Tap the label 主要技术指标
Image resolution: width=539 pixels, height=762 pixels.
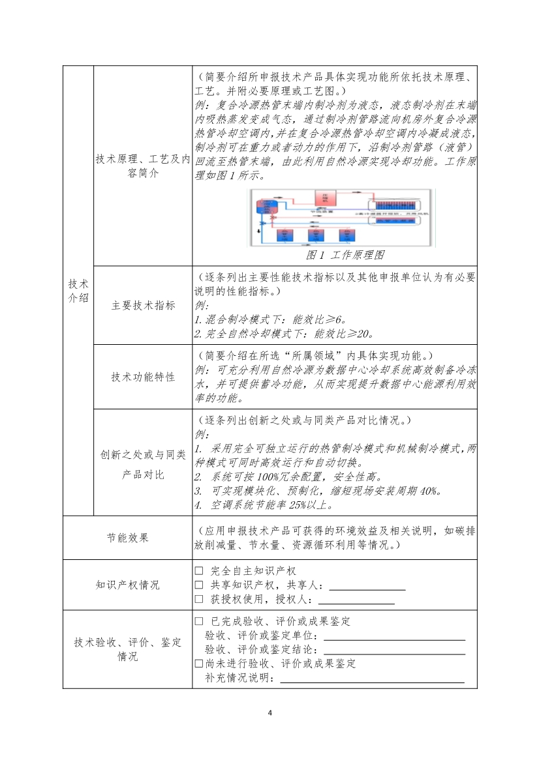click(143, 305)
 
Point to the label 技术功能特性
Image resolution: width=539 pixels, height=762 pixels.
click(143, 377)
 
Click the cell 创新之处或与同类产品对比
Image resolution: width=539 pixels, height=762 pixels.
click(143, 464)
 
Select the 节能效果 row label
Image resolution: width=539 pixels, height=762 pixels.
click(128, 538)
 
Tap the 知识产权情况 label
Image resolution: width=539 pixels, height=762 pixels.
click(128, 585)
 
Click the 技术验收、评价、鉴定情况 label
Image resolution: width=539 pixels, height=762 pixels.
click(128, 649)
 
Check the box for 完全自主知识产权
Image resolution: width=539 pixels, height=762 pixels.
click(200, 571)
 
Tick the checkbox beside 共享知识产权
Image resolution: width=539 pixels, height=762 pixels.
click(200, 585)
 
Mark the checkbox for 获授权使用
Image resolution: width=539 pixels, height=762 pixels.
click(200, 599)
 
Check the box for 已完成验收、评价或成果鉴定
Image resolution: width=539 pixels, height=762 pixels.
click(200, 621)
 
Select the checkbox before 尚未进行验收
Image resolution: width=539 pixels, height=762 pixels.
click(200, 664)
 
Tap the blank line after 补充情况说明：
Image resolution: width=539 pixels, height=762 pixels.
click(372, 679)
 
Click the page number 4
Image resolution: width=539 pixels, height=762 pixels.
click(269, 712)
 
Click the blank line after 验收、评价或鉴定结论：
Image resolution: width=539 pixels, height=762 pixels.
click(394, 651)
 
